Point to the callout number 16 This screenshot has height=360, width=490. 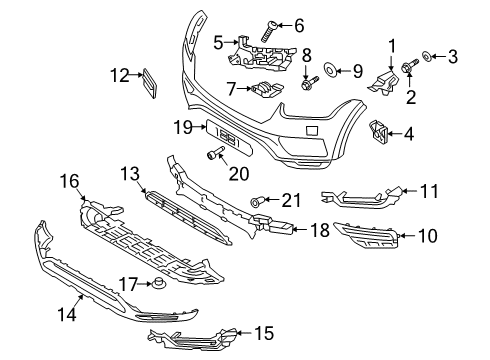click(69, 181)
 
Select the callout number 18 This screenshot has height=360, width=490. click(318, 230)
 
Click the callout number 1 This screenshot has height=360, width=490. click(392, 45)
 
